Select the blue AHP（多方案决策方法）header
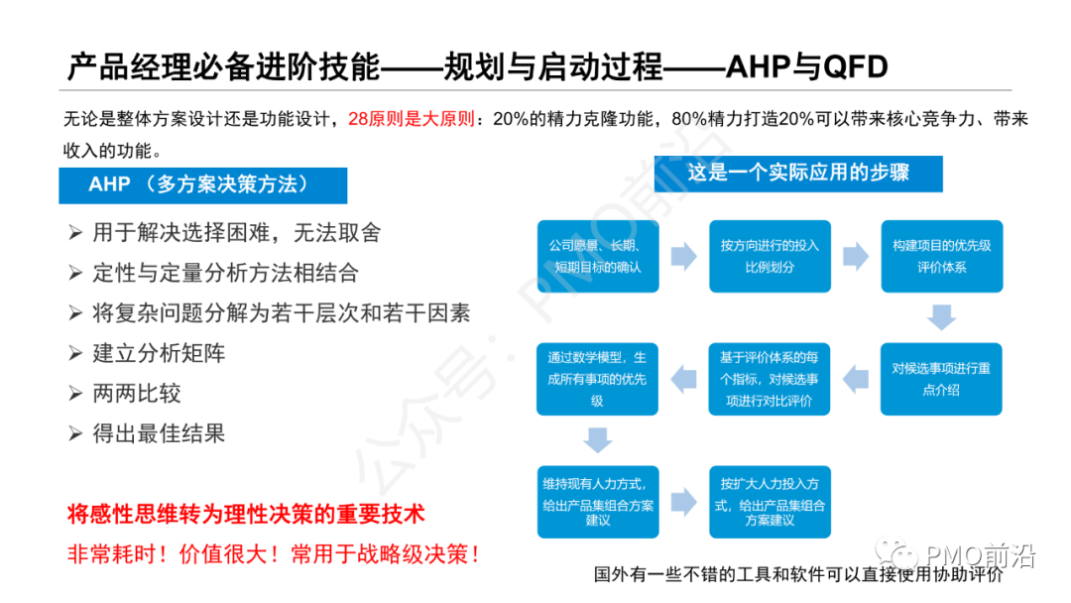pos(203,185)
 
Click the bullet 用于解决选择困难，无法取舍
pos(236,233)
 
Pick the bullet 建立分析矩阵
pos(159,353)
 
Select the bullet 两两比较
pos(137,393)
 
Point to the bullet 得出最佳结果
pos(159,433)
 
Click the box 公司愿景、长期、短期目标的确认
pos(597,256)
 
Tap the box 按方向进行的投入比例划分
pos(770,256)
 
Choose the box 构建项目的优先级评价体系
pos(941,256)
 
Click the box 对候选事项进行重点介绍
pos(941,378)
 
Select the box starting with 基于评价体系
pos(770,378)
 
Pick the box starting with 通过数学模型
pos(597,378)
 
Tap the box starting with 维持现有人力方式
pos(597,501)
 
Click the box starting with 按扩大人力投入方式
pos(770,501)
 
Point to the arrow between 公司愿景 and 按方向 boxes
pos(683,256)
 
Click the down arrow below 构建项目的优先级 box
pos(941,317)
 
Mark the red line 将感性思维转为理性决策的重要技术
pos(245,514)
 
